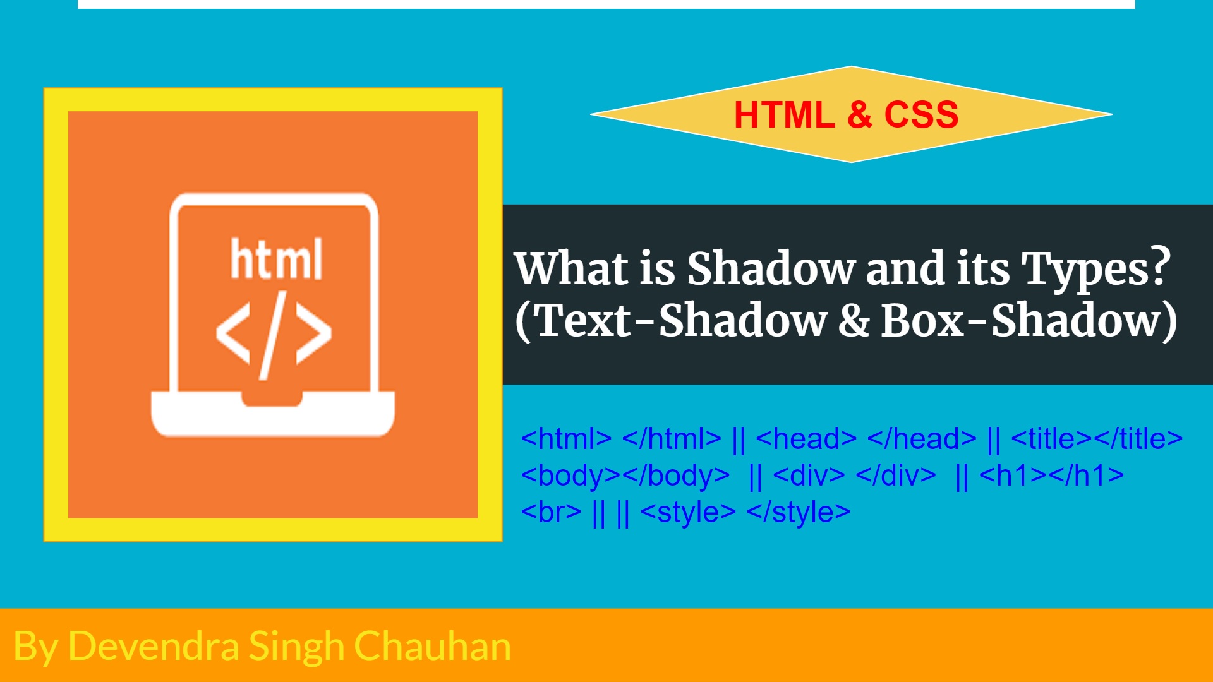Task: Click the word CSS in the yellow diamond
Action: tap(921, 115)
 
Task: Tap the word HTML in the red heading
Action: tap(784, 115)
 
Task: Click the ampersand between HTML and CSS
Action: tap(859, 115)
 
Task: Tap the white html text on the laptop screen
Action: tap(277, 258)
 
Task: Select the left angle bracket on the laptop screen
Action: tap(233, 333)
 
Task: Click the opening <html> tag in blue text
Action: tap(566, 438)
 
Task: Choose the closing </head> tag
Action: tap(922, 438)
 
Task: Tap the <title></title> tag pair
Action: tap(1097, 438)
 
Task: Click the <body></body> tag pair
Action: tap(625, 476)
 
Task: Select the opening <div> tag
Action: tap(809, 476)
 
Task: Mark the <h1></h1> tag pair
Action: tap(1051, 476)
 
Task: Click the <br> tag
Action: tap(551, 512)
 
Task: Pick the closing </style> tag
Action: tap(799, 512)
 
